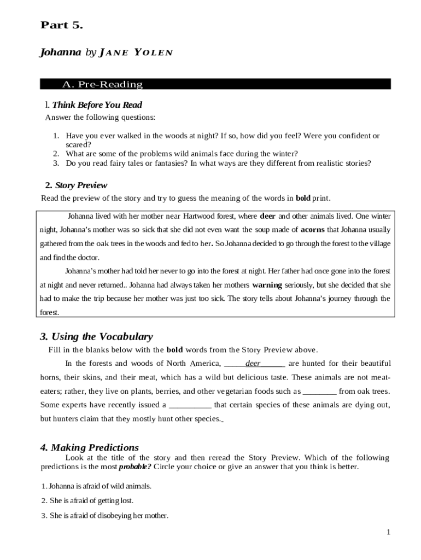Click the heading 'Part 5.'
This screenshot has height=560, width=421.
pos(61,25)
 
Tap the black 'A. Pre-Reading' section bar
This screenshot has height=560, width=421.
pos(215,84)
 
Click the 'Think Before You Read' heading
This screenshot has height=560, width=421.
pos(97,105)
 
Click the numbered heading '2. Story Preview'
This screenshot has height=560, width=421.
pos(76,185)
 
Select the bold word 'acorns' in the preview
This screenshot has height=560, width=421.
pos(313,230)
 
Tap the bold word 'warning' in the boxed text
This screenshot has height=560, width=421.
pos(267,285)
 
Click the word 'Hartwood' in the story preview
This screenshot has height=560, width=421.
pos(203,216)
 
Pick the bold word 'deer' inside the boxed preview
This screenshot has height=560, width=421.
pos(267,216)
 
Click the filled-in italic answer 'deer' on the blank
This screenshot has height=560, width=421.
pos(253,364)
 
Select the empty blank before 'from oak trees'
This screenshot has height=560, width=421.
pos(319,392)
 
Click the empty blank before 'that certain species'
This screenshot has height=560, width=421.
pos(190,405)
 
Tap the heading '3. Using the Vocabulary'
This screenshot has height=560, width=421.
pos(96,337)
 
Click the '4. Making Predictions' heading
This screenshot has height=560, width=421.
pos(89,447)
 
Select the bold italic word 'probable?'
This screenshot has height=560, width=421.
pos(135,467)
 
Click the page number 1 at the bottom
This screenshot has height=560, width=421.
pos(388,532)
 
